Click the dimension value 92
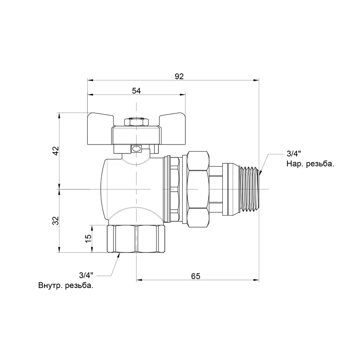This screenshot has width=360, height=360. click(179, 76)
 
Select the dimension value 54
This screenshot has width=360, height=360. click(136, 91)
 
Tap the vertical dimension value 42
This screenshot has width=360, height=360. click(56, 151)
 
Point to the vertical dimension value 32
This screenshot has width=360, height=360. click(56, 220)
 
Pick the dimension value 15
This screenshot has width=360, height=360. click(88, 238)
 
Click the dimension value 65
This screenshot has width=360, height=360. click(196, 276)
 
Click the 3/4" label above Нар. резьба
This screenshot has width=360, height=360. click(294, 153)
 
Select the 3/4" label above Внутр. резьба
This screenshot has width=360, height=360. click(86, 275)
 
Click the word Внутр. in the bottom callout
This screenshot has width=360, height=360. click(50, 286)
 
